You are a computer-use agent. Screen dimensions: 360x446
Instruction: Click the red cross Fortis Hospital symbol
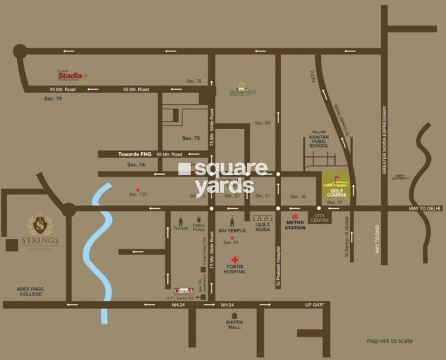pos(235,260)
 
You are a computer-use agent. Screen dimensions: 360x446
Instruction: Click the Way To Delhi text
pos(425,209)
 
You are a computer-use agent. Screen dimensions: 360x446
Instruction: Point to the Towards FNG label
pos(135,154)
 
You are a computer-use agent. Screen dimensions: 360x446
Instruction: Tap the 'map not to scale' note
pos(389,341)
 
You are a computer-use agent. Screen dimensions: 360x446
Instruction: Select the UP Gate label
pos(315,305)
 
